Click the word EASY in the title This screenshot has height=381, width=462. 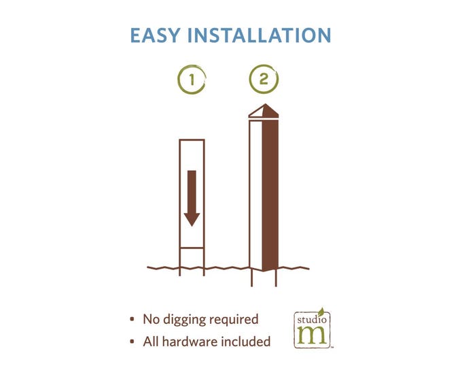coord(155,35)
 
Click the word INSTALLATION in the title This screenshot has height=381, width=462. coord(260,35)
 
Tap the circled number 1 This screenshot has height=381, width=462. coord(192,79)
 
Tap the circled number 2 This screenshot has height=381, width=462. coord(264,79)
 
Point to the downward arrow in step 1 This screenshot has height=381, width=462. coord(192,198)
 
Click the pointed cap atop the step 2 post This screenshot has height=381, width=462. coord(264,111)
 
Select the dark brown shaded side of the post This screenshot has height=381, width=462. coord(270,195)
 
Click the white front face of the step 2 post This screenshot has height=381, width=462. coord(256,194)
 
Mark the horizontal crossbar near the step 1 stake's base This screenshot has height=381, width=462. coord(192,248)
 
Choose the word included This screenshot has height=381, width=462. coord(246,342)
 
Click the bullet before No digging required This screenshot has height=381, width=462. coord(132,319)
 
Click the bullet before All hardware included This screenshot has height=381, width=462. coord(132,342)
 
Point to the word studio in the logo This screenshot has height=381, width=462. coord(312,320)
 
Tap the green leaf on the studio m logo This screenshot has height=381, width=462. coord(321,312)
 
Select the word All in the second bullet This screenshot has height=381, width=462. coord(151,342)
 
